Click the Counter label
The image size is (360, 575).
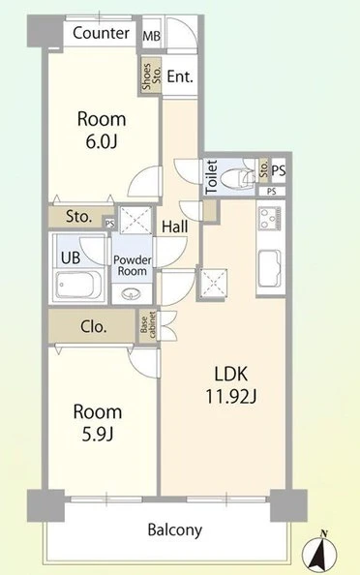101,33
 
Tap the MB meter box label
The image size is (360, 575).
151,37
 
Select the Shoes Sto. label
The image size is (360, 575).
151,76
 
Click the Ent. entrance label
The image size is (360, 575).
180,76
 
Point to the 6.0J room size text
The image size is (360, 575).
102,142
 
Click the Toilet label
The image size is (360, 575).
212,177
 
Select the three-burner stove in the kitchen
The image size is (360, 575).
269,218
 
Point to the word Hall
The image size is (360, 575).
175,227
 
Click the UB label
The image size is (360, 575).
71,257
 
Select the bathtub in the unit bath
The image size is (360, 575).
78,285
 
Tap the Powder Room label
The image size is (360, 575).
132,265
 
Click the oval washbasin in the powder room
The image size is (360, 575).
132,293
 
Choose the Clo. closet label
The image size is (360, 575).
94,326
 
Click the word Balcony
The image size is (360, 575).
175,530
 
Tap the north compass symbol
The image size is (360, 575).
319,551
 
